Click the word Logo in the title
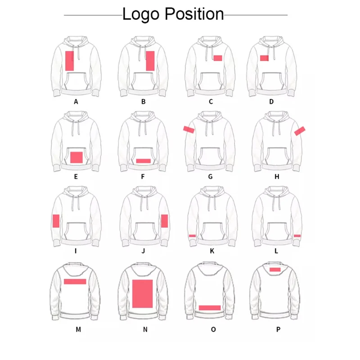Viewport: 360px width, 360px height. point(141,14)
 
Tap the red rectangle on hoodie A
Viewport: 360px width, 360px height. point(70,61)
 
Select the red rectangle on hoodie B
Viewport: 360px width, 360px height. point(150,61)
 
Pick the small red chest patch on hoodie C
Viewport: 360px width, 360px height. point(218,58)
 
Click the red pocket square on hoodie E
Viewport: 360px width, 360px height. point(76,157)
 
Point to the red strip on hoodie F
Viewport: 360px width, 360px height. point(144,161)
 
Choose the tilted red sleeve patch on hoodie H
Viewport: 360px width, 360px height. point(300,130)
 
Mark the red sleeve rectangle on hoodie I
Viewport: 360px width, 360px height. point(56,221)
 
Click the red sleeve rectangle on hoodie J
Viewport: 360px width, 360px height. point(164,221)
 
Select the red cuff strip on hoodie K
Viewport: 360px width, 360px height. point(192,235)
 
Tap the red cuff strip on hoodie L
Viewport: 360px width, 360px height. point(297,235)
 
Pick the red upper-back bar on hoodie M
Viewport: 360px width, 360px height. point(75,281)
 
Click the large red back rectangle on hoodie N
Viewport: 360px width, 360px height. point(142,293)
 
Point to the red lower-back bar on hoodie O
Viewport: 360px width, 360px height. point(210,308)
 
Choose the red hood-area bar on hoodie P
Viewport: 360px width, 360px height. point(275,270)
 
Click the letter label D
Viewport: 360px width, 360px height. point(271,102)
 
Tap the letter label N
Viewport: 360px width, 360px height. point(145,329)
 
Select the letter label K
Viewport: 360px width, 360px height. point(212,251)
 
